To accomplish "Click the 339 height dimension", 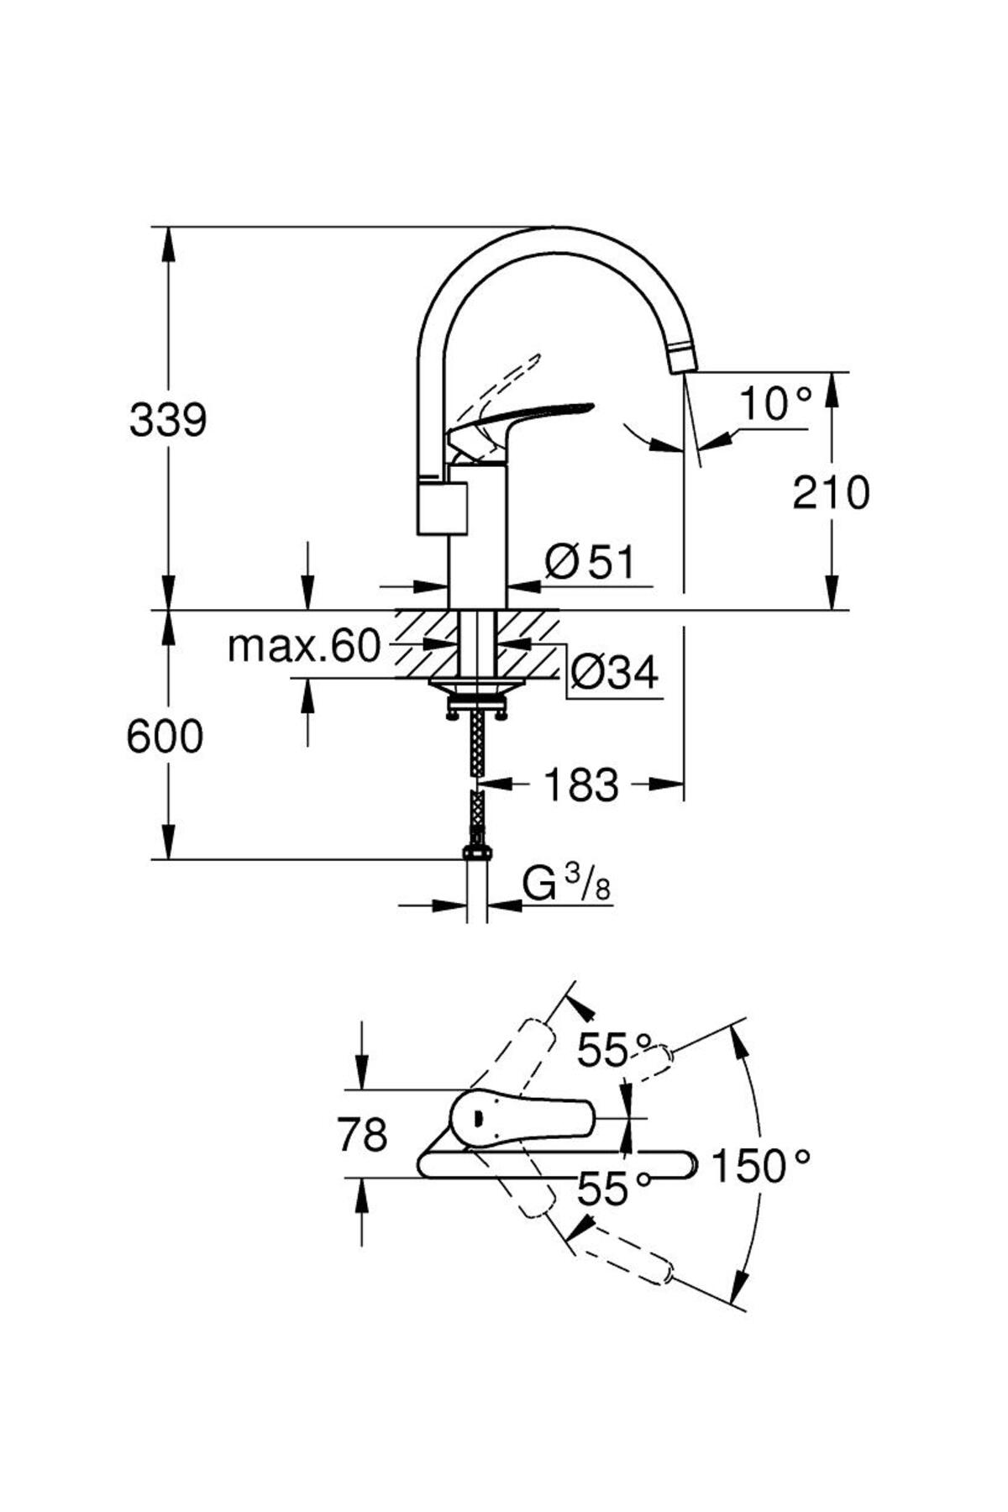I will pyautogui.click(x=168, y=420).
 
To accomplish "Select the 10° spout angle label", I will pyautogui.click(x=775, y=405).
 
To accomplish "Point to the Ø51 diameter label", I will pyautogui.click(x=590, y=562).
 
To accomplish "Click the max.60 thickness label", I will pyautogui.click(x=304, y=646).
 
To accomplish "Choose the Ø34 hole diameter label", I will pyautogui.click(x=614, y=671).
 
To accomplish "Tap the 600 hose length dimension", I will pyautogui.click(x=165, y=737).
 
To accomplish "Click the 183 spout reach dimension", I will pyautogui.click(x=581, y=785).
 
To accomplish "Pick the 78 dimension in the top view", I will pyautogui.click(x=362, y=1135).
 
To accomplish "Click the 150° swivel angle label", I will pyautogui.click(x=761, y=1166).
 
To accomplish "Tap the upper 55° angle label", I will pyautogui.click(x=614, y=1049).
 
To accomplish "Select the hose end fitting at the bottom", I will pyautogui.click(x=476, y=852).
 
